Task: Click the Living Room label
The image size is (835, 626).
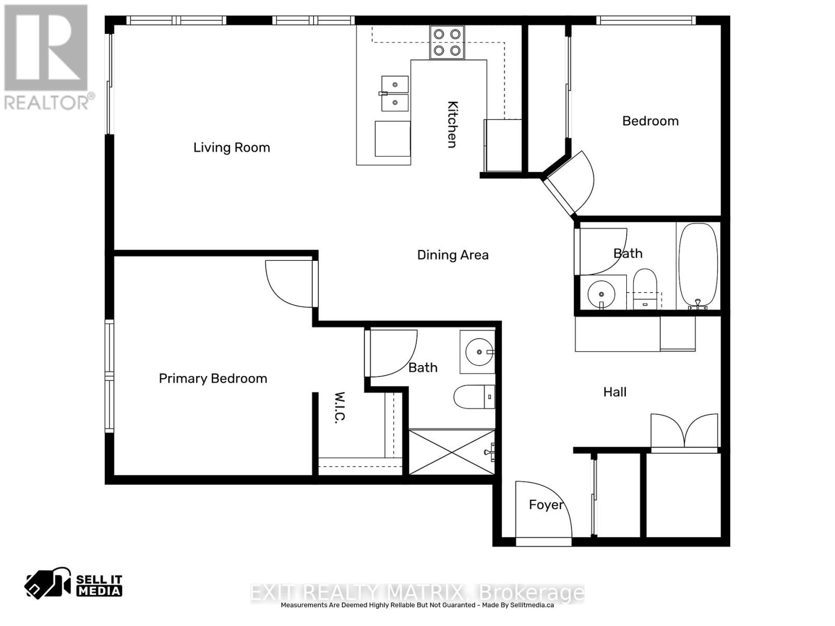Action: pyautogui.click(x=232, y=148)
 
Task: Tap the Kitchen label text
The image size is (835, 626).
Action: pyautogui.click(x=452, y=124)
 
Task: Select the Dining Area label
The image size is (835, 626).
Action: pyautogui.click(x=452, y=255)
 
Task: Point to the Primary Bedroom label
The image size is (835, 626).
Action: pyautogui.click(x=213, y=379)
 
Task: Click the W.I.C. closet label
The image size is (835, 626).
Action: pyautogui.click(x=340, y=407)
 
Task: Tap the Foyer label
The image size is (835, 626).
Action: pyautogui.click(x=546, y=504)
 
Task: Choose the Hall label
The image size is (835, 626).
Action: pyautogui.click(x=615, y=392)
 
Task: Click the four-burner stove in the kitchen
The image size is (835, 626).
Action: pyautogui.click(x=447, y=42)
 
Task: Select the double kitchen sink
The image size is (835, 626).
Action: pyautogui.click(x=395, y=93)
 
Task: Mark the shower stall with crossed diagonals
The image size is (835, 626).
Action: pyautogui.click(x=451, y=452)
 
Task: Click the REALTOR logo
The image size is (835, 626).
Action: pyautogui.click(x=47, y=57)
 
